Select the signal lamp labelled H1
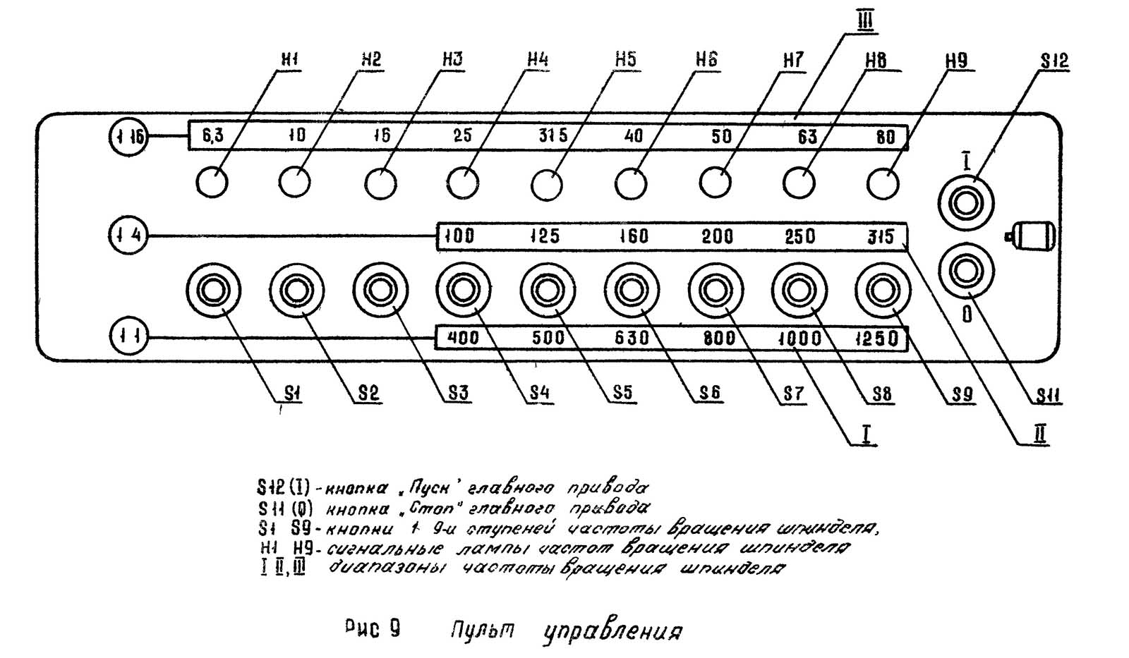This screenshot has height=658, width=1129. pos(212,183)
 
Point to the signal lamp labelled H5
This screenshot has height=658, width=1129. pos(547,185)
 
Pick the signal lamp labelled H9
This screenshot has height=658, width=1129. pos(883,183)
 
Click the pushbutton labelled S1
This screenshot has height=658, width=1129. pos(213,290)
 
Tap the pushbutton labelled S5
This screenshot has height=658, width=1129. pos(548,290)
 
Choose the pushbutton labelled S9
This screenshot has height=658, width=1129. pos(882,290)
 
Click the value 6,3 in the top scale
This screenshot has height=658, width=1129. pos(212,135)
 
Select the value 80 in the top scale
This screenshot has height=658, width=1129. pos(885,136)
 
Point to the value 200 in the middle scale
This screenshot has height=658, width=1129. pos(717,236)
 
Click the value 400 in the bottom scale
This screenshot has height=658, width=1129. pos(463,338)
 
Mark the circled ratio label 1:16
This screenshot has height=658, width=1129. pos(128,135)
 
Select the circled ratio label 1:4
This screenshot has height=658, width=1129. pos(128,235)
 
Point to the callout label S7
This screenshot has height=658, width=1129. pos(793,394)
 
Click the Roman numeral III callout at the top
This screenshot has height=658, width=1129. pos(864,21)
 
